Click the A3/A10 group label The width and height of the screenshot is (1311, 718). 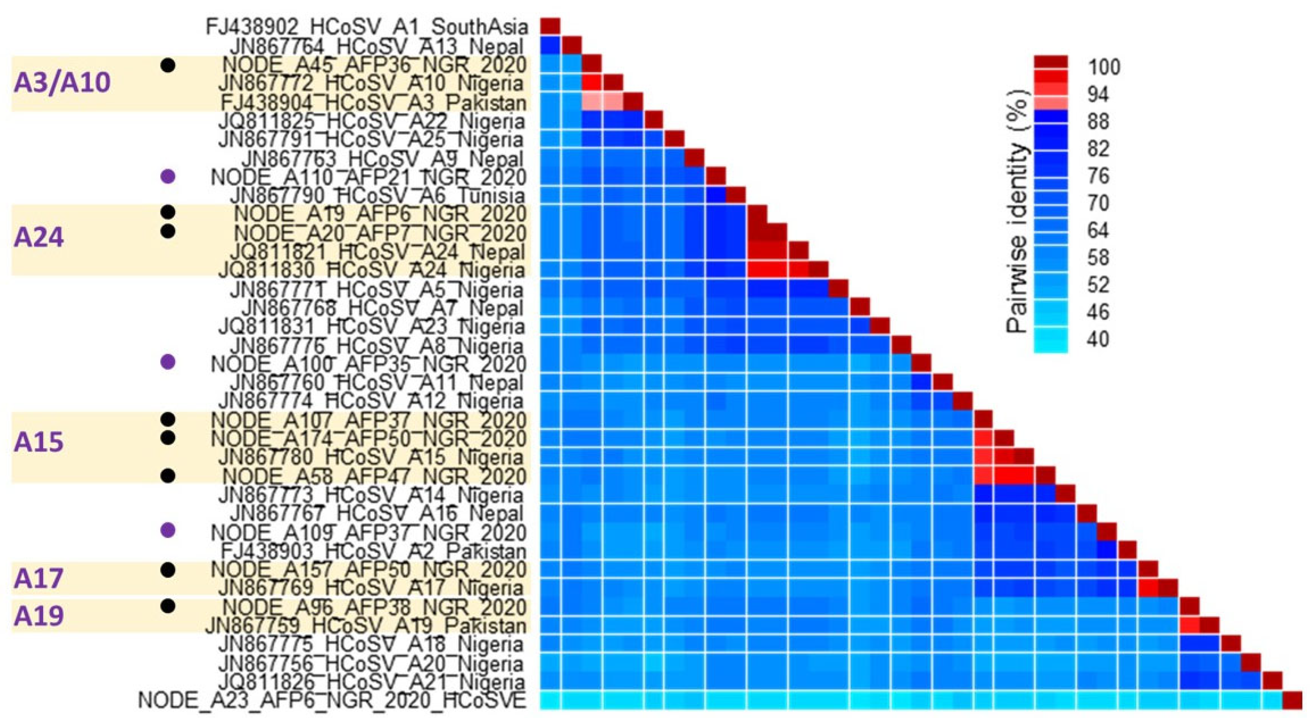[x=62, y=82]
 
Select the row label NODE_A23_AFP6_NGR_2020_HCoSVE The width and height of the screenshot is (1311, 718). [x=332, y=701]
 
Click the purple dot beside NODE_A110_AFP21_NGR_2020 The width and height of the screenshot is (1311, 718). [x=168, y=177]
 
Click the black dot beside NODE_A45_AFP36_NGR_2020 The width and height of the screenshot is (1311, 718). [x=168, y=65]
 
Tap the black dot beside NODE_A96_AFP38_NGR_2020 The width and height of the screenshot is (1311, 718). [x=168, y=606]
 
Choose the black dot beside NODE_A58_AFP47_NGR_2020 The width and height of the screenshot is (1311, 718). [x=168, y=476]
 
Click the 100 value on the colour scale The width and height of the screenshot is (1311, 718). [x=1104, y=67]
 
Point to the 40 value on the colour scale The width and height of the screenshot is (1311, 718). [x=1098, y=339]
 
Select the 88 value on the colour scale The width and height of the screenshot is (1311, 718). [x=1098, y=122]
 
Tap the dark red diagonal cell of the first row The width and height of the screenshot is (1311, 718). [x=550, y=25]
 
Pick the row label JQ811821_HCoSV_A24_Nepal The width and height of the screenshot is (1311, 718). [x=377, y=251]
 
